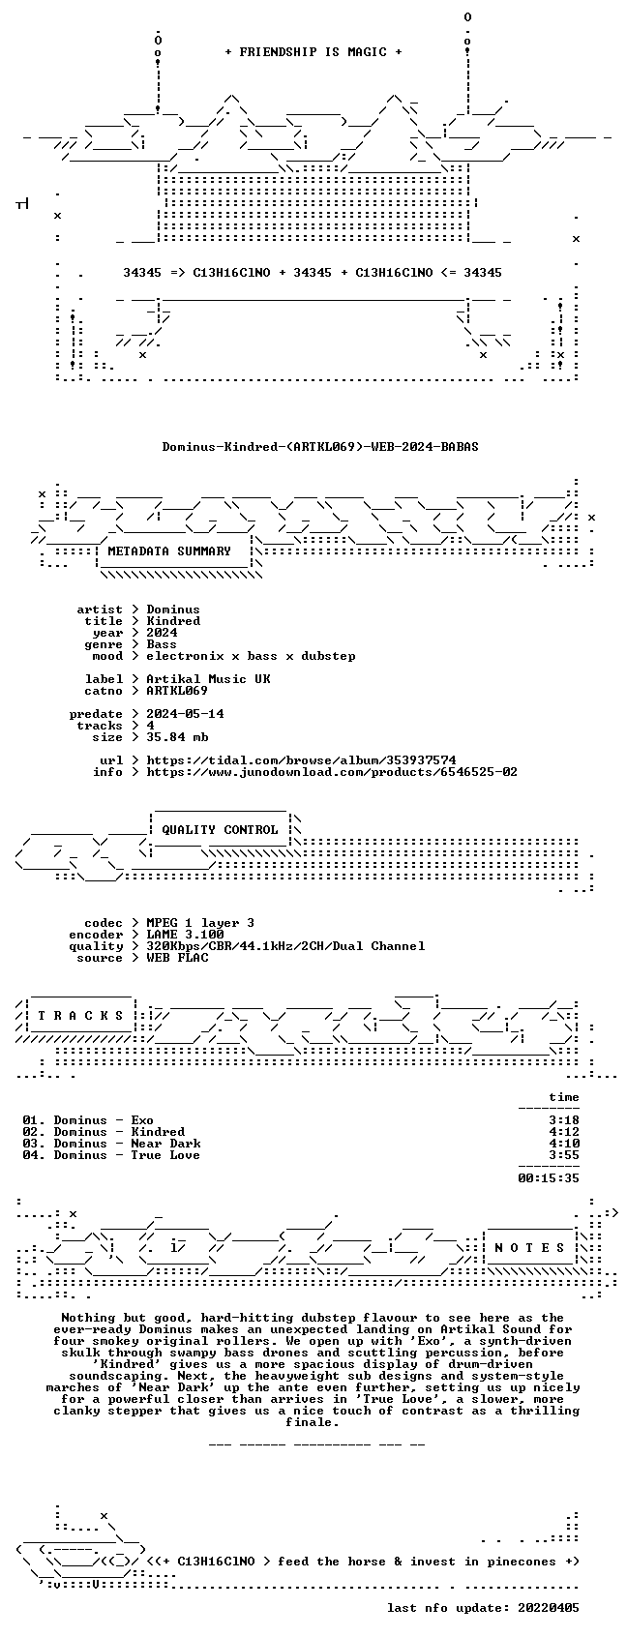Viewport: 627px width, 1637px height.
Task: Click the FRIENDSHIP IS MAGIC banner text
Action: pyautogui.click(x=313, y=52)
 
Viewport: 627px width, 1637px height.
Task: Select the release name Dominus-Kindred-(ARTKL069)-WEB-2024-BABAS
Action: pyautogui.click(x=320, y=447)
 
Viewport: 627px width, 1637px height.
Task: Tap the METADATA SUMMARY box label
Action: pyautogui.click(x=168, y=551)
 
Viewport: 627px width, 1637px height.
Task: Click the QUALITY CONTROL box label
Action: pyautogui.click(x=220, y=829)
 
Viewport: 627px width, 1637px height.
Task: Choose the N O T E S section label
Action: pyautogui.click(x=530, y=1247)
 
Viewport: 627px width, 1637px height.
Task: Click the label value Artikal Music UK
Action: pyautogui.click(x=208, y=679)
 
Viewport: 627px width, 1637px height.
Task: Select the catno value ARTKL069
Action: pyautogui.click(x=177, y=691)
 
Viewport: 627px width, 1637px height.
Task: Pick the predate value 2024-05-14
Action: pyautogui.click(x=185, y=714)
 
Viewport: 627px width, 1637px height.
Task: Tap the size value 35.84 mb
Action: pyautogui.click(x=177, y=737)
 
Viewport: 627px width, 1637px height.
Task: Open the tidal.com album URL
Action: pyautogui.click(x=301, y=760)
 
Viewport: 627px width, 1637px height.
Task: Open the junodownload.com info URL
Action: pyautogui.click(x=332, y=772)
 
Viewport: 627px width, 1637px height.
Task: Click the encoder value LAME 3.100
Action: pyautogui.click(x=185, y=935)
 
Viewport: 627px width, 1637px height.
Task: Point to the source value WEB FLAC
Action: pyautogui.click(x=177, y=958)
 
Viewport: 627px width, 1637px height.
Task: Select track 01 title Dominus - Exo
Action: pyautogui.click(x=103, y=1120)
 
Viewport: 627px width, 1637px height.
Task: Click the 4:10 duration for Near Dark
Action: pyautogui.click(x=564, y=1144)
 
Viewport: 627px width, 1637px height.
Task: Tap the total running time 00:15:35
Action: pyautogui.click(x=549, y=1178)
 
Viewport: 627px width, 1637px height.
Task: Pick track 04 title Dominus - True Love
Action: pyautogui.click(x=127, y=1155)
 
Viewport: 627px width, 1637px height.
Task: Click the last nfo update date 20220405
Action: pyautogui.click(x=549, y=1608)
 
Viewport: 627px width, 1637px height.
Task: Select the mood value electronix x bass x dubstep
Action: pyautogui.click(x=251, y=656)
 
